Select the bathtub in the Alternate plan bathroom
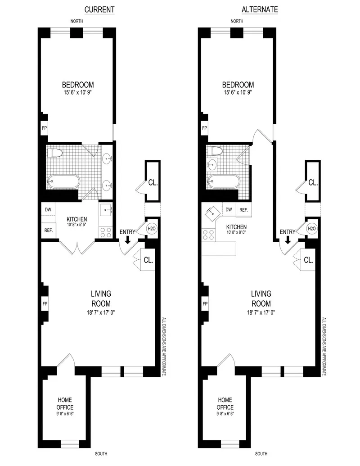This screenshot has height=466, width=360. tap(223, 181)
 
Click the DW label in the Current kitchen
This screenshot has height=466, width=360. tap(48, 209)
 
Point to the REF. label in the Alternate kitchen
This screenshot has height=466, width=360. tap(243, 210)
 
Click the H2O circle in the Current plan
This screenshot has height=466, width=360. tap(151, 229)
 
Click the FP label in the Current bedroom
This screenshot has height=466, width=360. tap(45, 128)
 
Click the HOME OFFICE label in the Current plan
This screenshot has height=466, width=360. tap(65, 403)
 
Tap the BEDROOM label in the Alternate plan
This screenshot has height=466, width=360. tap(238, 85)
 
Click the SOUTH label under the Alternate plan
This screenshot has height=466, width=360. tap(261, 453)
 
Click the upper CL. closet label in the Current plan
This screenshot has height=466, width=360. tap(152, 183)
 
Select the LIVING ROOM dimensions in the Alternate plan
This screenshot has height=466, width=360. tap(261, 312)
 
